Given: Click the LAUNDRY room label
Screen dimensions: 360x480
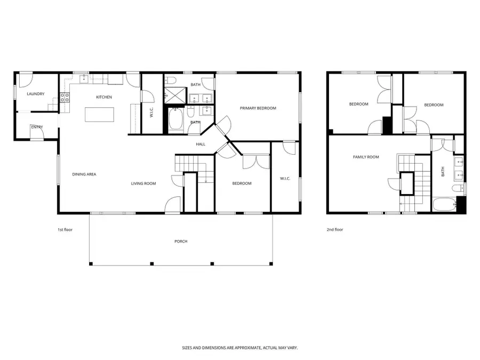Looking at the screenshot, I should (36, 94).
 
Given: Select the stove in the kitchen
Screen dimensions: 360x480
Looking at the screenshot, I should (65, 97).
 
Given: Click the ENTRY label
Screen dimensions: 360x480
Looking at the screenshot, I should (37, 127).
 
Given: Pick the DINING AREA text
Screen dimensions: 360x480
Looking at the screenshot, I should (84, 174).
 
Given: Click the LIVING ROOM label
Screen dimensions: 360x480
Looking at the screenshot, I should (143, 183).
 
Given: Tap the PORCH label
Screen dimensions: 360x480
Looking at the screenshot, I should (181, 241).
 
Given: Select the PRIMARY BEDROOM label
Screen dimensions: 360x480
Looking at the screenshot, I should (258, 108).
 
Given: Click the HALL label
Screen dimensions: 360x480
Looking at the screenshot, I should (201, 144).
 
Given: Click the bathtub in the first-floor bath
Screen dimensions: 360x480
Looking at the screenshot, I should (175, 121).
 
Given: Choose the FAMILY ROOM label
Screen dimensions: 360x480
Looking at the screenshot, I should (366, 157).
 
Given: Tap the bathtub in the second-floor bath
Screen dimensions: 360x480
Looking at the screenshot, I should (444, 205).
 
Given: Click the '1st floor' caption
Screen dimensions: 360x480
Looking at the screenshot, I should (65, 230).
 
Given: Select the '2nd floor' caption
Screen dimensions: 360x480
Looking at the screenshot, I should (335, 230).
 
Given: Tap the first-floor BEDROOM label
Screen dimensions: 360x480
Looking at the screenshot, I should (242, 183).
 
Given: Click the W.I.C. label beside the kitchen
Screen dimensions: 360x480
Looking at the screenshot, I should (151, 112).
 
